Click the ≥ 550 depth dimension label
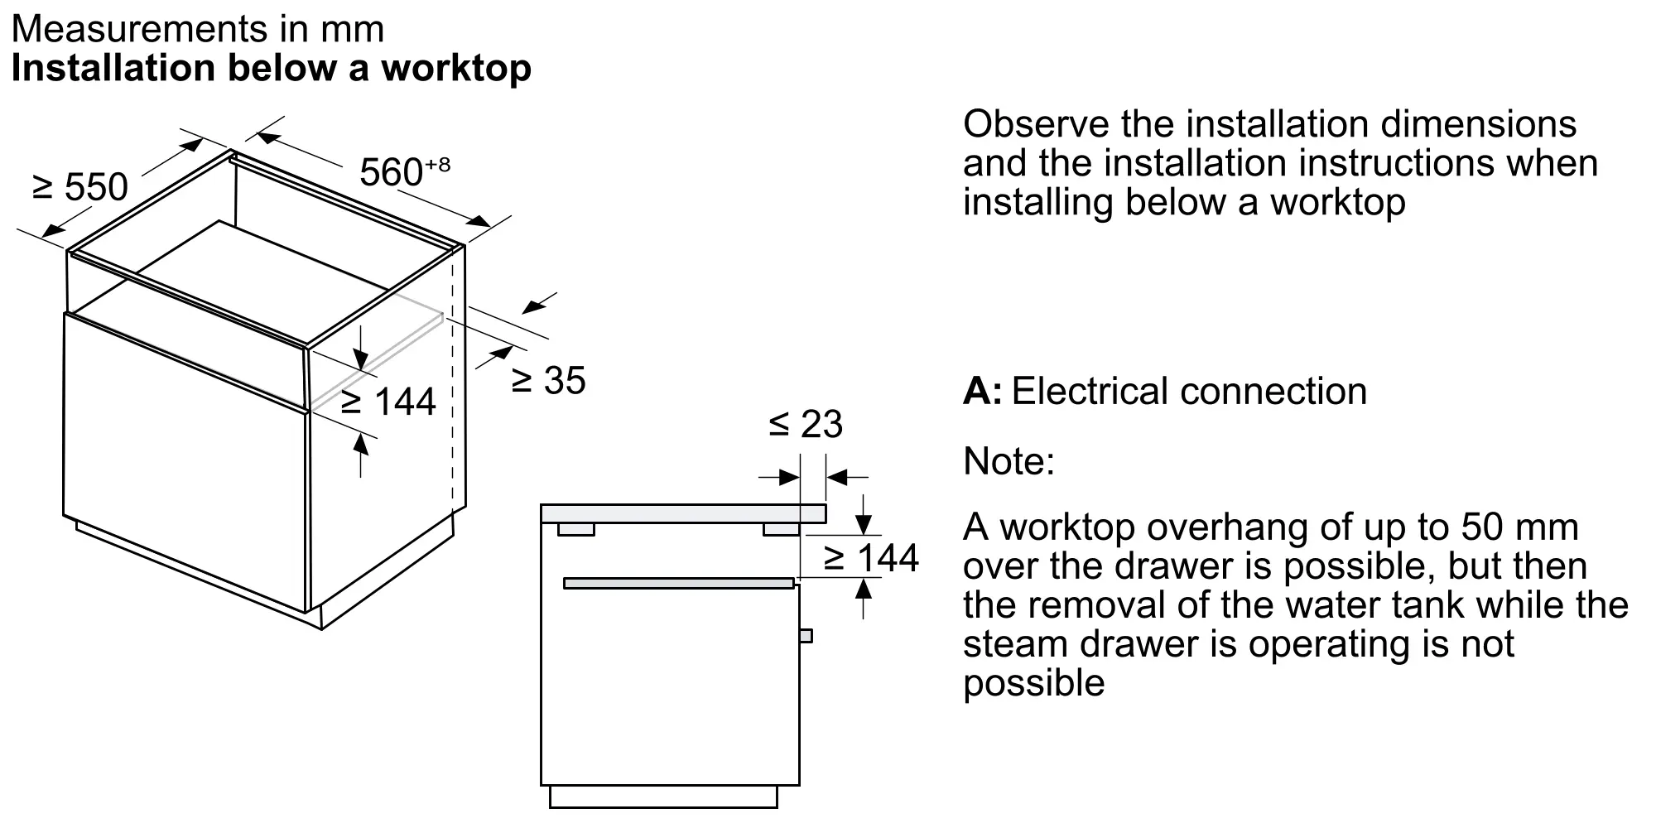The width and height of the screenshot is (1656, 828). tap(80, 187)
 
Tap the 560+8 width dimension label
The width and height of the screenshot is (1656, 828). tap(404, 171)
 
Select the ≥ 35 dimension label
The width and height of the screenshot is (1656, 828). tap(548, 380)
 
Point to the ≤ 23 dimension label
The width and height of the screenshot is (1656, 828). tap(805, 424)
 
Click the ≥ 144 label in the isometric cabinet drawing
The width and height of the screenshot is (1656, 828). tap(388, 402)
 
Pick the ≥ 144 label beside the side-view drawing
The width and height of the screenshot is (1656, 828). tap(871, 558)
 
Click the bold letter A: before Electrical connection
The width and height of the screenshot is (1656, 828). tap(982, 392)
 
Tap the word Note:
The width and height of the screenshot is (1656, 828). tap(1009, 461)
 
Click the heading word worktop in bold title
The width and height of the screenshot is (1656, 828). tap(456, 68)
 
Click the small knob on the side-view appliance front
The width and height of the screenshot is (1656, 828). tap(806, 635)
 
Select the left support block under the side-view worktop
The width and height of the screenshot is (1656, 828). tap(575, 529)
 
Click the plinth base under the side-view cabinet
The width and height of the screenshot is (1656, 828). tap(663, 797)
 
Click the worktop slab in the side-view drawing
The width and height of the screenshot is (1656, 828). tap(683, 513)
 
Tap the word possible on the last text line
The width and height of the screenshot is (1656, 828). tap(1033, 683)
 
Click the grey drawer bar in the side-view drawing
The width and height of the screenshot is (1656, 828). tap(679, 584)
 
